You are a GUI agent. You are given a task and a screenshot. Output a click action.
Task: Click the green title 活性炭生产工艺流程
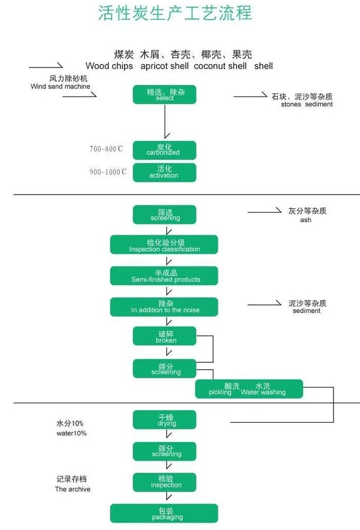click(x=175, y=13)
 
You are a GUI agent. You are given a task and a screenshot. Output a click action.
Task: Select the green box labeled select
click(x=164, y=95)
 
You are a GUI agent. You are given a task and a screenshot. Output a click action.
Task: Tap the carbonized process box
click(x=164, y=150)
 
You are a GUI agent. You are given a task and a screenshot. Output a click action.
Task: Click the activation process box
click(x=164, y=172)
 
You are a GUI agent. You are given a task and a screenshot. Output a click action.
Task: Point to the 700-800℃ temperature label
click(x=106, y=149)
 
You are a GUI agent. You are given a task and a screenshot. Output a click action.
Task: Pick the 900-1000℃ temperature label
click(x=108, y=172)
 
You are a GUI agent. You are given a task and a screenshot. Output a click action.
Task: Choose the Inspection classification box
click(x=164, y=245)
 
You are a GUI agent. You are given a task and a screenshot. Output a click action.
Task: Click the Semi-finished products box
click(x=164, y=276)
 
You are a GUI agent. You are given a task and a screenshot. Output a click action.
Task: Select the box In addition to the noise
click(x=164, y=306)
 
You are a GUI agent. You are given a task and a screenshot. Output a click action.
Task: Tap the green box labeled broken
click(x=164, y=336)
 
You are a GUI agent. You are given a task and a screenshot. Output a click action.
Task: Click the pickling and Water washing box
click(x=249, y=389)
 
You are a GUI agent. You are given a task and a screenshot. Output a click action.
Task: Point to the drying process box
click(x=164, y=420)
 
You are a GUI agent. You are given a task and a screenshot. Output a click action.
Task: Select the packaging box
click(x=164, y=513)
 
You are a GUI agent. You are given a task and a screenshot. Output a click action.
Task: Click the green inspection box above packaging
click(x=164, y=482)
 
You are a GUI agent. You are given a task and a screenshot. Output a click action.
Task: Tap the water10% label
click(x=71, y=433)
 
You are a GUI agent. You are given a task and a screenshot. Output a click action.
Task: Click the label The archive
click(x=73, y=489)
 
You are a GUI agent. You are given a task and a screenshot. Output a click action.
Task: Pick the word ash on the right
click(x=305, y=220)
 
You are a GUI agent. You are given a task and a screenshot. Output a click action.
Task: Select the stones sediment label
click(x=307, y=104)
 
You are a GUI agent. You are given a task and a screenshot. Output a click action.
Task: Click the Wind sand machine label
click(x=60, y=86)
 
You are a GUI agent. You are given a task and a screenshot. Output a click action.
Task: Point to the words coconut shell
click(x=220, y=66)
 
